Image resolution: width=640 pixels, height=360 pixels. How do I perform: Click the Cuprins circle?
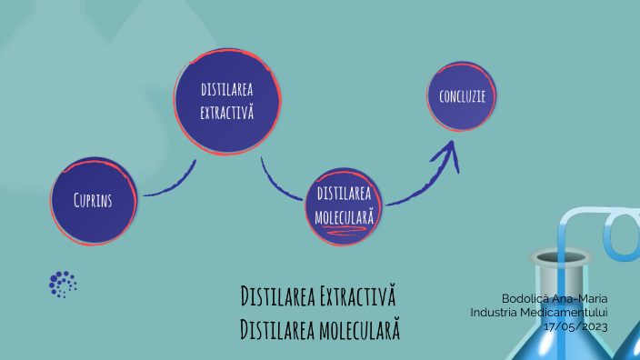[94, 200]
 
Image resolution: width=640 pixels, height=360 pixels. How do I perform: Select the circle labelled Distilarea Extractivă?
[226, 101]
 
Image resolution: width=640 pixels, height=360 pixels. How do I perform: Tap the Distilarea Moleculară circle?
[345, 206]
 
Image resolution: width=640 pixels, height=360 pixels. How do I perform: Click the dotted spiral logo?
[63, 285]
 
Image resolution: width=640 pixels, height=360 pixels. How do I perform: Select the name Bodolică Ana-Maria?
[555, 298]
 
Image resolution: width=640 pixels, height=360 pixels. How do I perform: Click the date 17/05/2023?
[575, 325]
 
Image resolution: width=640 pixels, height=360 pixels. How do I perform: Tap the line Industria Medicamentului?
[539, 312]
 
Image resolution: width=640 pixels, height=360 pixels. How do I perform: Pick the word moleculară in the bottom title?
[359, 328]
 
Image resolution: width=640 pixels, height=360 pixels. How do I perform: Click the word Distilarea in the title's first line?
[276, 296]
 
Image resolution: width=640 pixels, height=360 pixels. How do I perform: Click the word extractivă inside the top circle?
[226, 114]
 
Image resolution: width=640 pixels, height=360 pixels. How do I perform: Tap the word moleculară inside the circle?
[345, 217]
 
